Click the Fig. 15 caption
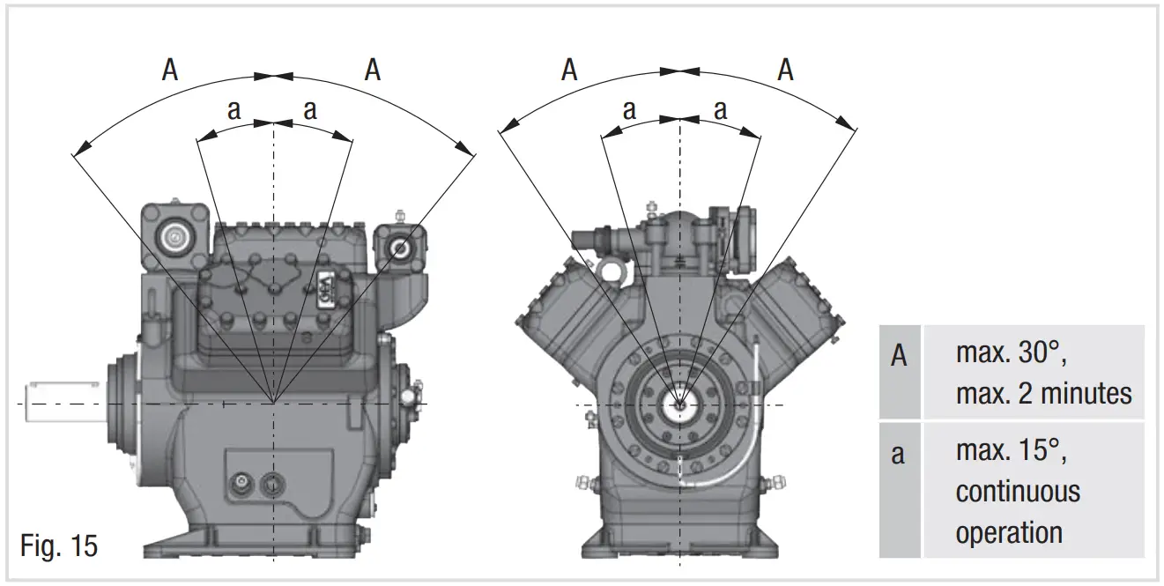click(59, 545)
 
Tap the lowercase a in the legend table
click(898, 456)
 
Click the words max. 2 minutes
click(1043, 392)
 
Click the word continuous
click(1017, 491)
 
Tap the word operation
click(1008, 531)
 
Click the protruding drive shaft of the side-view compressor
click(62, 400)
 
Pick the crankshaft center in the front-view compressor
click(680, 404)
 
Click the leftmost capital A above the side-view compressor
click(170, 70)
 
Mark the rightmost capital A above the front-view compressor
click(784, 70)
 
